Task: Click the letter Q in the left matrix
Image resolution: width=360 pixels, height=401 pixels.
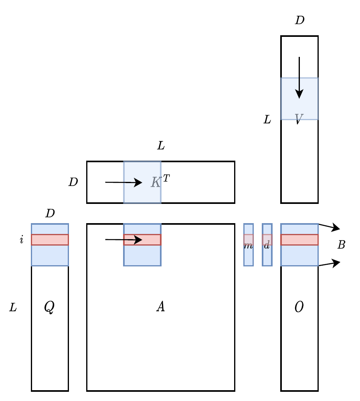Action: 49,306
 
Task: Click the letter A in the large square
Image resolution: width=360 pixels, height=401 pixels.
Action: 160,306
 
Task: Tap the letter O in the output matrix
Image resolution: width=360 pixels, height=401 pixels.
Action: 299,306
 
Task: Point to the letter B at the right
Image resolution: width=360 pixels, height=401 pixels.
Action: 341,245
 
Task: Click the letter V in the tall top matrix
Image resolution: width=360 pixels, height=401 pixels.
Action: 299,119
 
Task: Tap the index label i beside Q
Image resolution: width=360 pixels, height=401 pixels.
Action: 22,240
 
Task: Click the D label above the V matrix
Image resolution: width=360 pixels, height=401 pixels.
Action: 299,20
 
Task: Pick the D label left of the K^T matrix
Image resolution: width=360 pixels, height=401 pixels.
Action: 73,182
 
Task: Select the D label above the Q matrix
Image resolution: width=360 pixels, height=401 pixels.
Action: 50,213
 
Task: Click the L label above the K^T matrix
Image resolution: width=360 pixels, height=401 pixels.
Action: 161,146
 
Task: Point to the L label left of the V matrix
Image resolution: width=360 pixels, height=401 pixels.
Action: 267,119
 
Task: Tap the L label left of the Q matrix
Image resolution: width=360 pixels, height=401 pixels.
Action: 13,307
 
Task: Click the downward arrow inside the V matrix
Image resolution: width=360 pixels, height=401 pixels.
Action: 299,78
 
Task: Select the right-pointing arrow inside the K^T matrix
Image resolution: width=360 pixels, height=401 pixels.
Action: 123,182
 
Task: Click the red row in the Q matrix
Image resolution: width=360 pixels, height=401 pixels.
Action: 50,240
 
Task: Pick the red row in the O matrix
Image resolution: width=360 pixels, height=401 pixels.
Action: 299,240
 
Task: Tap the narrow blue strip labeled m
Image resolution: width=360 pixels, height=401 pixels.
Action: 249,245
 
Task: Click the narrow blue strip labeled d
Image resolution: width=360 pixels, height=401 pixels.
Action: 267,245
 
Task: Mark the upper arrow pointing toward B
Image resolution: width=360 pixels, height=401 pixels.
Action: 329,227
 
